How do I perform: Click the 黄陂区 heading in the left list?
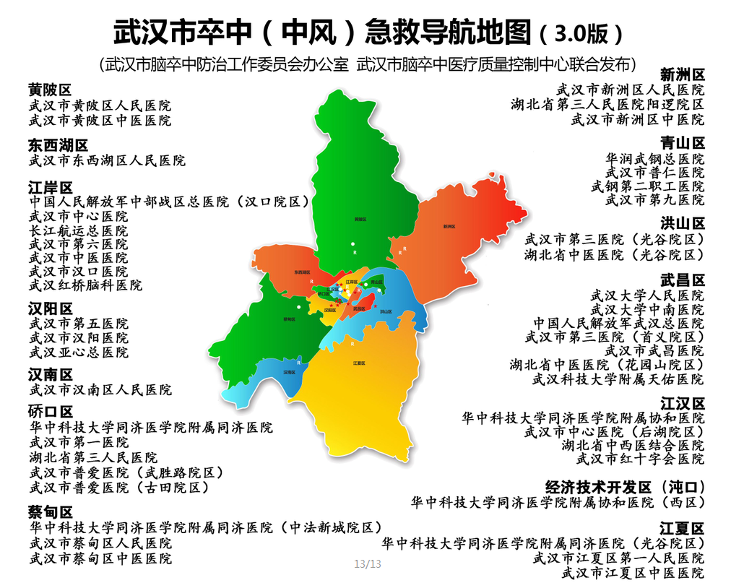point(50,90)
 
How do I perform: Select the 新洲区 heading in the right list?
point(683,74)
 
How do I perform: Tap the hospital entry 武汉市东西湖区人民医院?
point(107,160)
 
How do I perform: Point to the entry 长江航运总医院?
point(78,230)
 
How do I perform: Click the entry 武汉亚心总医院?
point(78,352)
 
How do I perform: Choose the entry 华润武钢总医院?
point(654,158)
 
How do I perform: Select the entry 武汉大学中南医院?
point(647,309)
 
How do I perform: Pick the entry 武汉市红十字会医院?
point(640,458)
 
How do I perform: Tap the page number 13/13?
point(367,563)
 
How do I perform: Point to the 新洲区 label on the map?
point(450,226)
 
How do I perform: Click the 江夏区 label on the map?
point(359,363)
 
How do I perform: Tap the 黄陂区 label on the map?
point(360,218)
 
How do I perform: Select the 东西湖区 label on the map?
point(304,272)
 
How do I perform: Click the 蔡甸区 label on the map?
point(289,319)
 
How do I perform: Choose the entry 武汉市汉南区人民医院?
point(100,390)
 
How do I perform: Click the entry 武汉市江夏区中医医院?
point(633,573)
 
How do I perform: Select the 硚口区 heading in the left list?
point(50,412)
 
